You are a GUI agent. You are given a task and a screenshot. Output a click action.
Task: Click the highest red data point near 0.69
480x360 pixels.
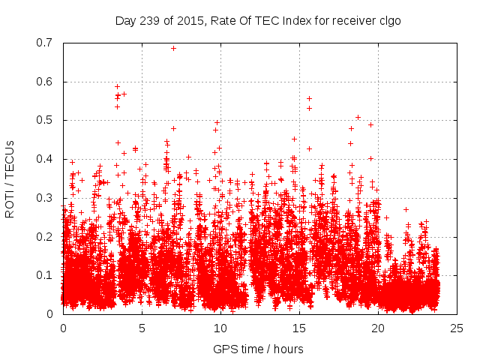click(173, 48)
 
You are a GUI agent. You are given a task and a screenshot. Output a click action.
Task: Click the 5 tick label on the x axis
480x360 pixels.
click(142, 328)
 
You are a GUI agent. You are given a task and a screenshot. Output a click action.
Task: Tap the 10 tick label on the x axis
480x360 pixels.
click(220, 328)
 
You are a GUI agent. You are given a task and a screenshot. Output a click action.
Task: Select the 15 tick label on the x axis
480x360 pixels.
click(299, 328)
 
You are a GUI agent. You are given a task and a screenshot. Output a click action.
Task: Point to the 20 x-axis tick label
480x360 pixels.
click(378, 328)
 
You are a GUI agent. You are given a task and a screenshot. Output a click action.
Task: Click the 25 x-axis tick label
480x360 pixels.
click(457, 328)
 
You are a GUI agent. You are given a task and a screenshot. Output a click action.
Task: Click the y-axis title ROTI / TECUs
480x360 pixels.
click(10, 178)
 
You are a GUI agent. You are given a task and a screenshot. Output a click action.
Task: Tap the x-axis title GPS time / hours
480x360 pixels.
click(258, 349)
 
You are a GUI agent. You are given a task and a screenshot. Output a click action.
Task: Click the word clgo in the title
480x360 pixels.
click(388, 20)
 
